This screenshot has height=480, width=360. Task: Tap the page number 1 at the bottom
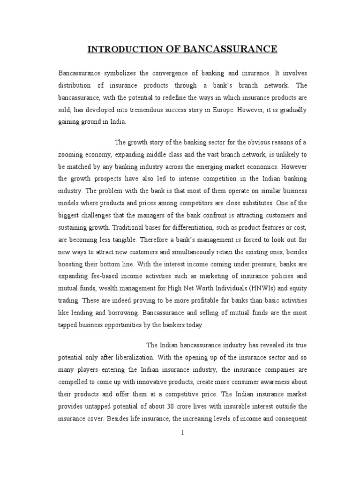pyautogui.click(x=183, y=433)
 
